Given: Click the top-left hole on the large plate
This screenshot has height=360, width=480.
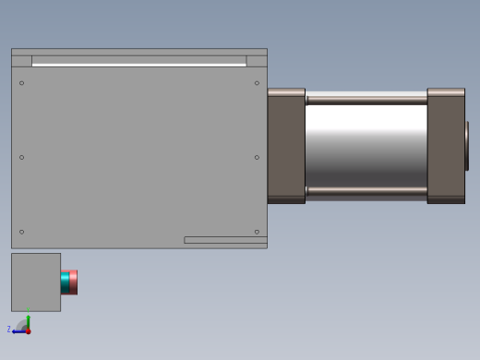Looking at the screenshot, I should [22, 83].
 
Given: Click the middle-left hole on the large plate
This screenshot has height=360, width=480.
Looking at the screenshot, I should [22, 157].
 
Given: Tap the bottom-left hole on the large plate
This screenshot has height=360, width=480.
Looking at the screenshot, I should [22, 232].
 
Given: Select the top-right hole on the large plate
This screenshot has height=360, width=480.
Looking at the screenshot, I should [257, 83].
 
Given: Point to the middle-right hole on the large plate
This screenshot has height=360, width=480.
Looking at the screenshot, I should [257, 157].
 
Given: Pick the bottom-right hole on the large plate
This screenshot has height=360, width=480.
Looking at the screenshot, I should [257, 232].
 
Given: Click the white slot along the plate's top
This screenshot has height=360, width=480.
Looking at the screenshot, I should [138, 65].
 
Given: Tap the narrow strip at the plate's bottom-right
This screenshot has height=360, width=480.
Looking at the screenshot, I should [225, 240].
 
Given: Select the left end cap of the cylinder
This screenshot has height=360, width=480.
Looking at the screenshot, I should [286, 145].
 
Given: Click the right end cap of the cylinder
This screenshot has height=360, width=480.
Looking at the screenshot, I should [446, 145].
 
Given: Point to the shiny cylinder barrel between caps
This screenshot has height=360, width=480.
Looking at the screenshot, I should [366, 145].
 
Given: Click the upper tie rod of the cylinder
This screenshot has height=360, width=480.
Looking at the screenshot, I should [366, 97].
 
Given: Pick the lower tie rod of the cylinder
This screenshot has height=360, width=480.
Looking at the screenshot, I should [366, 192].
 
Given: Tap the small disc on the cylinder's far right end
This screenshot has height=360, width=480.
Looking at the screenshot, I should [467, 146].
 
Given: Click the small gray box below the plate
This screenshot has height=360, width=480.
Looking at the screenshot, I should [36, 282].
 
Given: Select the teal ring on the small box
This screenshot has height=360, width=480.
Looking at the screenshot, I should [65, 282].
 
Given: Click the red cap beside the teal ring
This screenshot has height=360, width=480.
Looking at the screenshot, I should [74, 282].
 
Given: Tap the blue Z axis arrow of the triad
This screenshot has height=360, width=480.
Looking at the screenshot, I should [18, 331].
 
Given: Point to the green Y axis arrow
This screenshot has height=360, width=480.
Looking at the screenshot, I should [29, 323].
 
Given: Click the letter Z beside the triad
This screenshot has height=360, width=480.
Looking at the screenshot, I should [9, 329].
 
